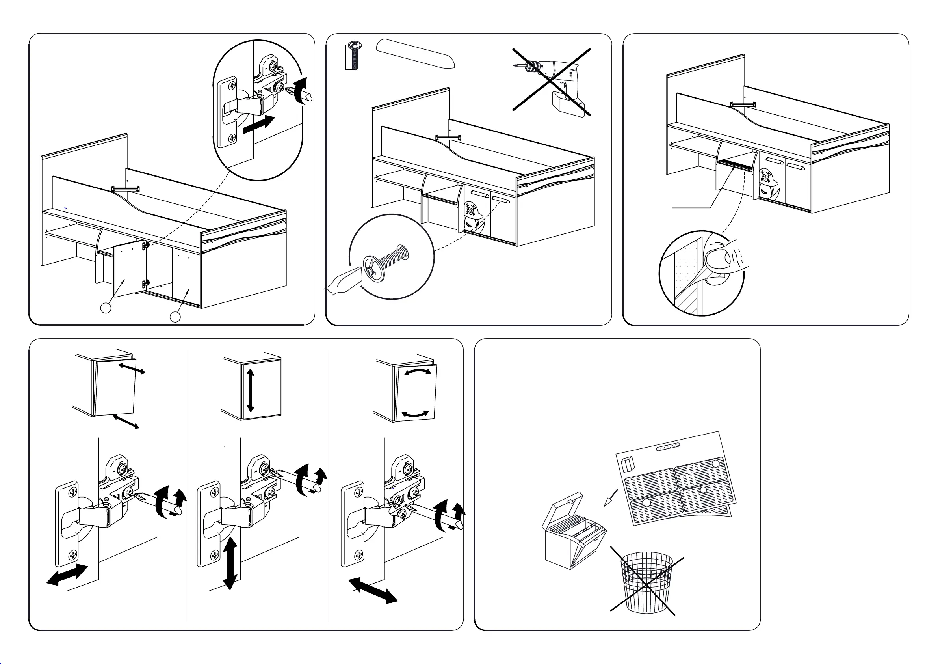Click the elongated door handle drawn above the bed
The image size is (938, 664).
pyautogui.click(x=415, y=53)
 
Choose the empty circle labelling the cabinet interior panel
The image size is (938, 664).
pyautogui.click(x=175, y=317)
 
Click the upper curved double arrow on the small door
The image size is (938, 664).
pyautogui.click(x=417, y=372)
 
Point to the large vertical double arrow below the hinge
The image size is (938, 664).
pyautogui.click(x=230, y=563)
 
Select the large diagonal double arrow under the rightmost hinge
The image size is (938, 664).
pyautogui.click(x=373, y=590)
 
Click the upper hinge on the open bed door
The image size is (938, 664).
pyautogui.click(x=145, y=246)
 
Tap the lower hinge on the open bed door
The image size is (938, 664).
pyautogui.click(x=145, y=283)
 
